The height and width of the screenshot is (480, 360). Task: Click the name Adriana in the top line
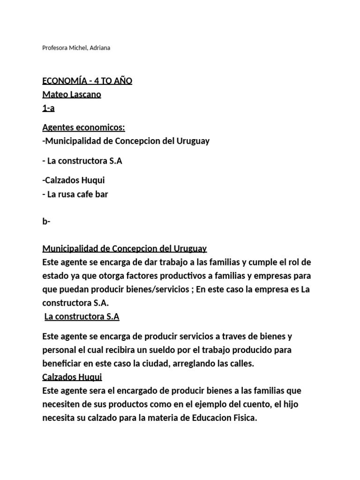tap(99, 48)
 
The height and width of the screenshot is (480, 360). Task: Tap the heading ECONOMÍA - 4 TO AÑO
tap(87, 81)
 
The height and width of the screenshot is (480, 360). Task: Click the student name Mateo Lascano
tap(72, 95)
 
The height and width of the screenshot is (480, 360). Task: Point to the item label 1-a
tap(49, 108)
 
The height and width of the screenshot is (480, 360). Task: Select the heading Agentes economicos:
tap(83, 127)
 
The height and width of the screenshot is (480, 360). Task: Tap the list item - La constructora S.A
tap(82, 161)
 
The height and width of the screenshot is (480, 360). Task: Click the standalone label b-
tap(46, 222)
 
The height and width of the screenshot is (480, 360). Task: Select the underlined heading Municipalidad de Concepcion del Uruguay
tap(125, 248)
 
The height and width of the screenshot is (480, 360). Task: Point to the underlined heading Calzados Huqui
tap(72, 377)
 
